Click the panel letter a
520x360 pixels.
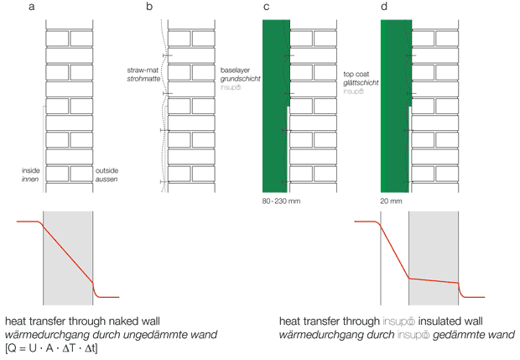pyautogui.click(x=32, y=7)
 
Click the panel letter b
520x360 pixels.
pyautogui.click(x=149, y=6)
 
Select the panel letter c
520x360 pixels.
pyautogui.click(x=266, y=7)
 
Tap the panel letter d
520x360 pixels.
pyautogui.click(x=384, y=6)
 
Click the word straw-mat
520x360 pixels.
pyautogui.click(x=143, y=70)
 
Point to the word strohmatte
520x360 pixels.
pyautogui.click(x=143, y=79)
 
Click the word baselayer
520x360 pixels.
pyautogui.click(x=235, y=70)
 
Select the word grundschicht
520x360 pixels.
pyautogui.click(x=241, y=79)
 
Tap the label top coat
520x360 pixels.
pyautogui.click(x=356, y=75)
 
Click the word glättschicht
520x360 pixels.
pyautogui.click(x=361, y=82)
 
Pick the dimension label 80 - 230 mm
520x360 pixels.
pyautogui.click(x=281, y=201)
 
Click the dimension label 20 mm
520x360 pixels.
pyautogui.click(x=392, y=201)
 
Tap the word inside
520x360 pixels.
pyautogui.click(x=31, y=170)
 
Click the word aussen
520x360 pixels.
pyautogui.click(x=107, y=180)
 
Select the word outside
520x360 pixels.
pyautogui.click(x=107, y=170)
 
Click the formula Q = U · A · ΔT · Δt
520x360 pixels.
pyautogui.click(x=51, y=348)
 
